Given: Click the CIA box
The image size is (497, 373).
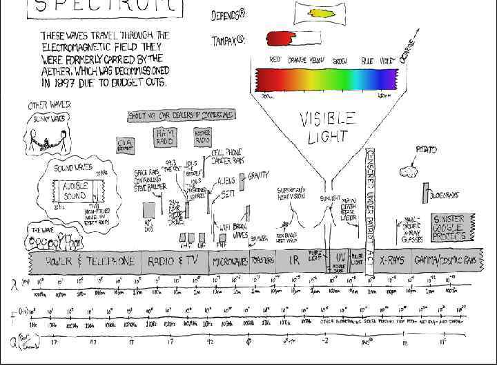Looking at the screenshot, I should pyautogui.click(x=126, y=144).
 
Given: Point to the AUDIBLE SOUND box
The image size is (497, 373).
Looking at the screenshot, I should pyautogui.click(x=75, y=191).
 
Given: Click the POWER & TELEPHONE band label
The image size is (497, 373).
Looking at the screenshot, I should pyautogui.click(x=90, y=262).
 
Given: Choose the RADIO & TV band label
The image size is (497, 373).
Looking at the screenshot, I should pyautogui.click(x=173, y=262).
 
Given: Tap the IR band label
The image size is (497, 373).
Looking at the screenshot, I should pyautogui.click(x=294, y=262).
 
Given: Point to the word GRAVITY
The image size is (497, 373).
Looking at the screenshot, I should pyautogui.click(x=258, y=175).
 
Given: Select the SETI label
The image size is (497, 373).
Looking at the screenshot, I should pyautogui.click(x=228, y=195).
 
